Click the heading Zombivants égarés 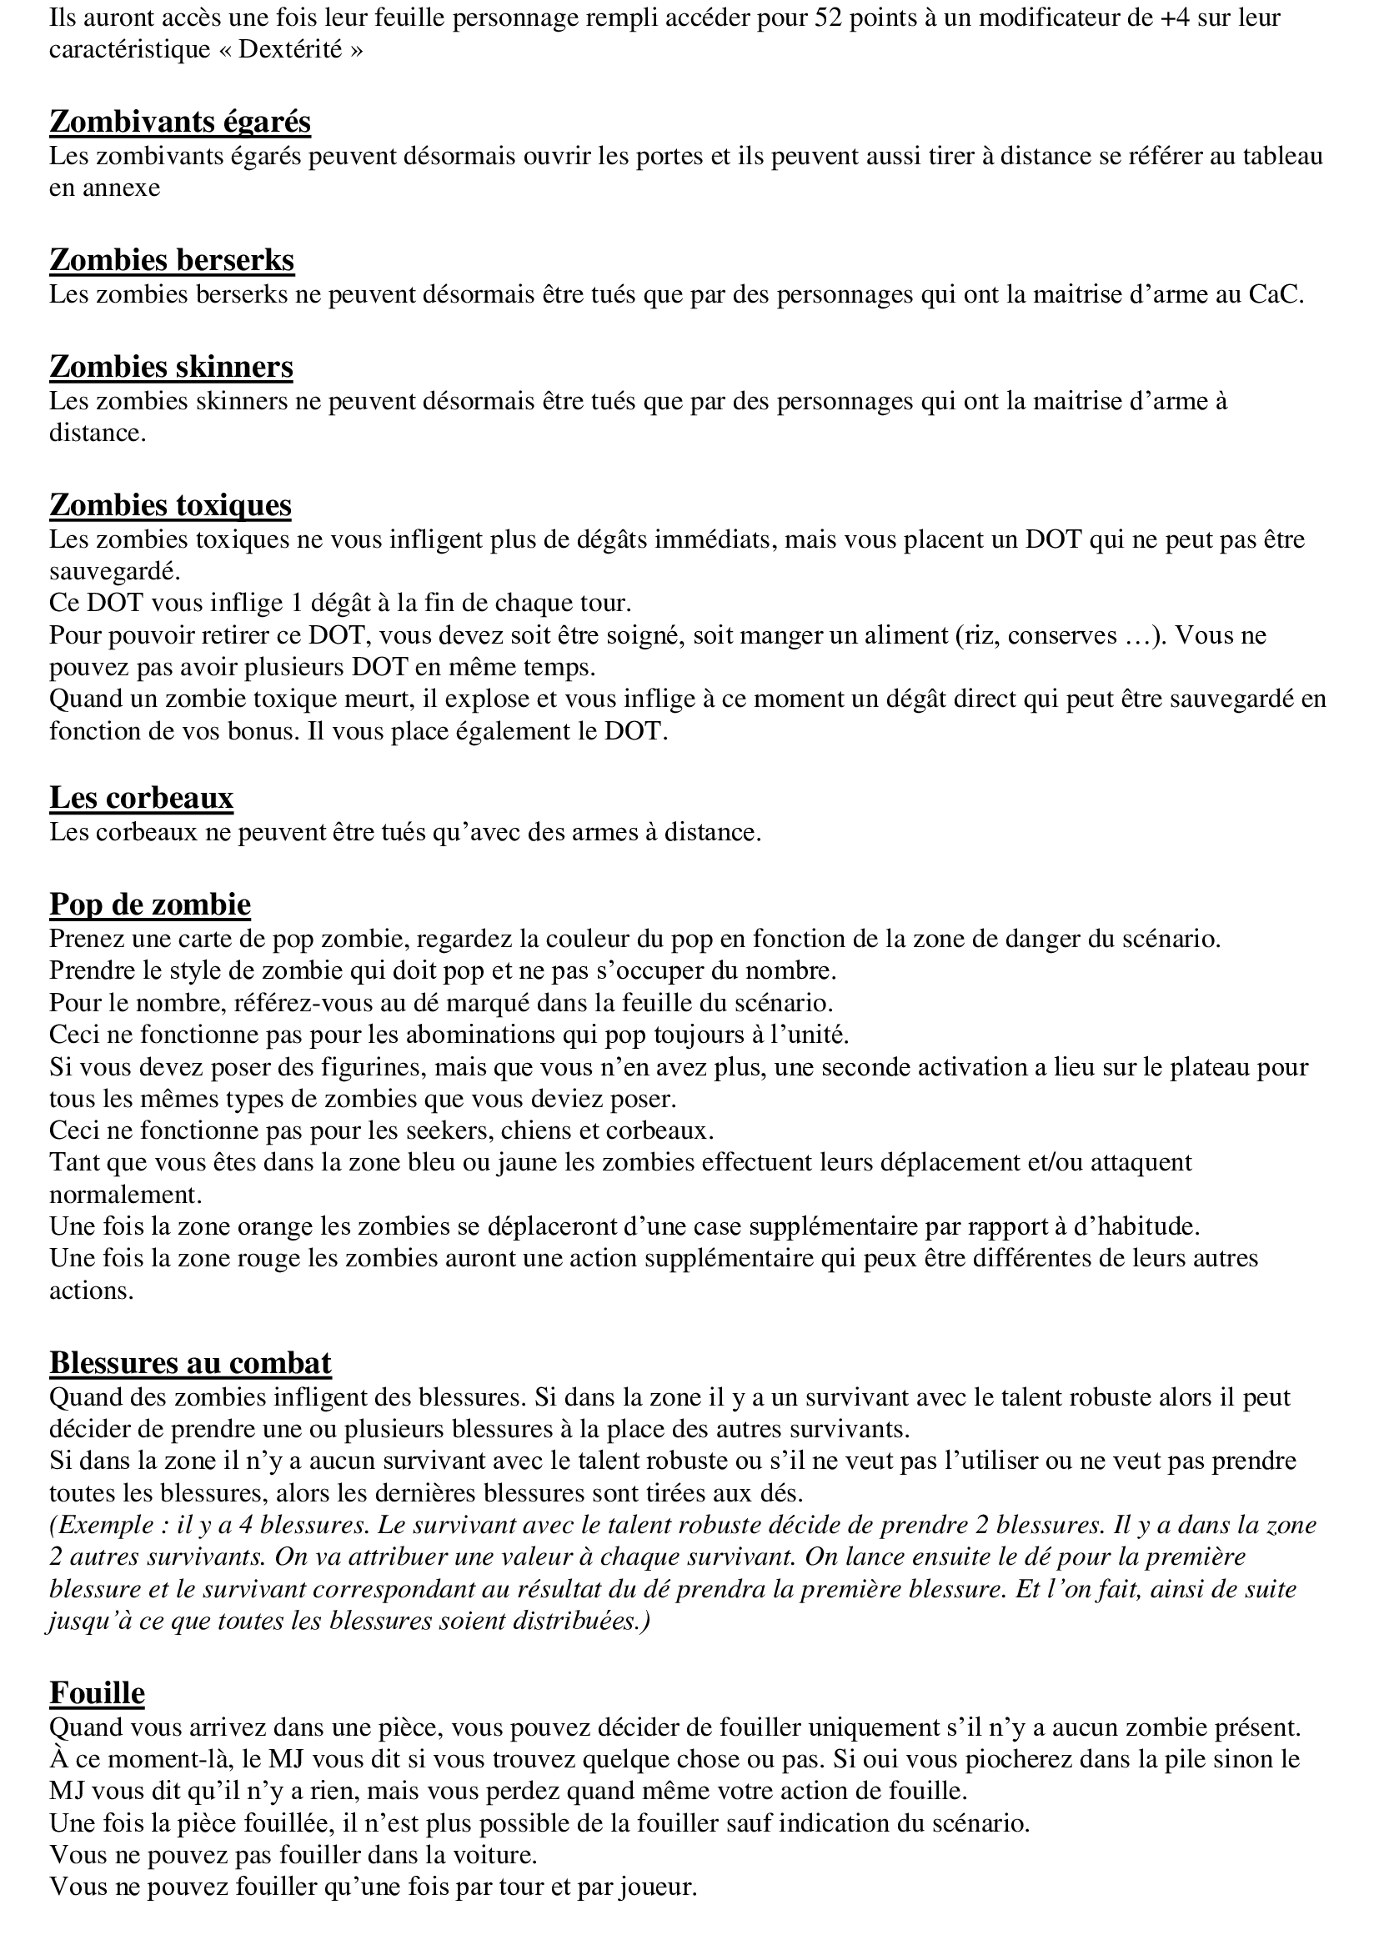point(180,122)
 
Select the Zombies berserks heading point(172,259)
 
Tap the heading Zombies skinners point(172,366)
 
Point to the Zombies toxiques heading point(171,504)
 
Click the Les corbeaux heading point(141,798)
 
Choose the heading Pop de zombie point(149,904)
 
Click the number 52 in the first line point(830,17)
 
